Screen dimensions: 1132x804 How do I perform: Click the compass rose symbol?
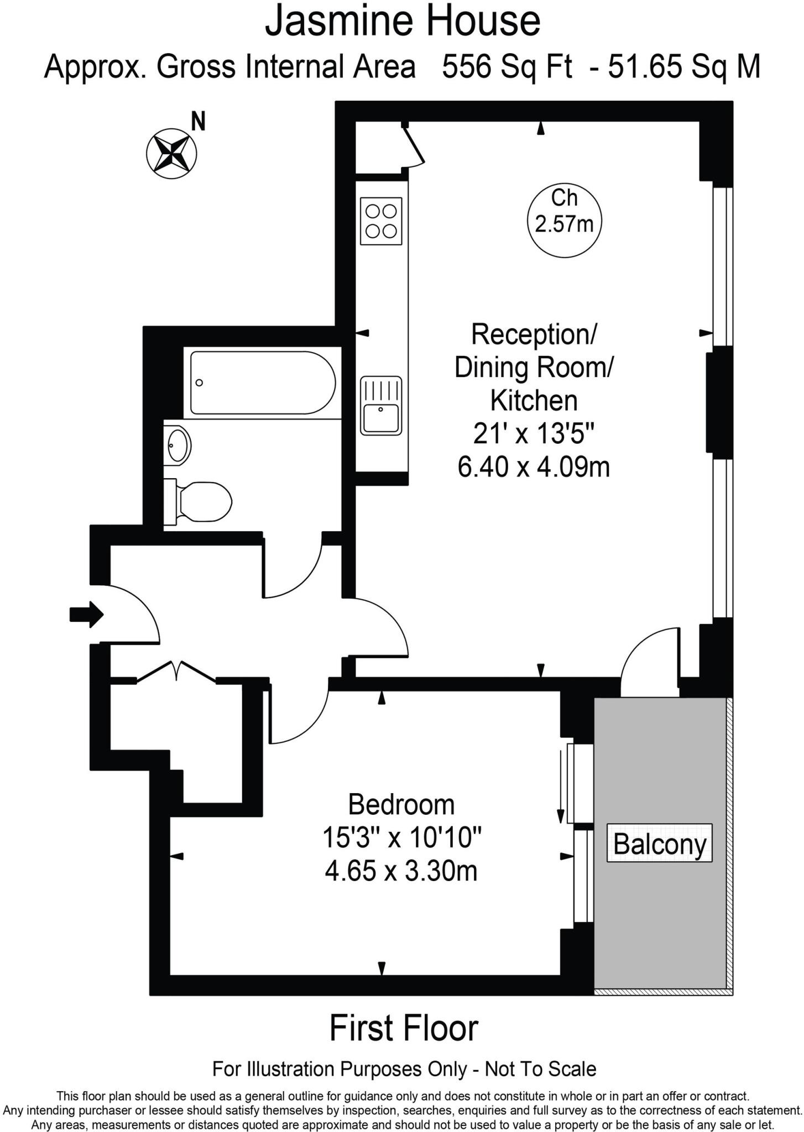pyautogui.click(x=171, y=153)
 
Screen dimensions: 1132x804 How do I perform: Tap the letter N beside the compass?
pyautogui.click(x=198, y=122)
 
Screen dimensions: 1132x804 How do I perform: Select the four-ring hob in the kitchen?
pyautogui.click(x=381, y=221)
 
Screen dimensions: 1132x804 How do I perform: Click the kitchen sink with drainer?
pyautogui.click(x=381, y=405)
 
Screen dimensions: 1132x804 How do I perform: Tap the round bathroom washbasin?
pyautogui.click(x=179, y=445)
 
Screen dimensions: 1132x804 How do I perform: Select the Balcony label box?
pyautogui.click(x=659, y=843)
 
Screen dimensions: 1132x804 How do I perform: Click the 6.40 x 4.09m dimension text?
pyautogui.click(x=534, y=467)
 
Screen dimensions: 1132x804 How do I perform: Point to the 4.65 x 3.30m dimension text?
pyautogui.click(x=401, y=871)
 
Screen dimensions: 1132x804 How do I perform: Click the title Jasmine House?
pyautogui.click(x=402, y=21)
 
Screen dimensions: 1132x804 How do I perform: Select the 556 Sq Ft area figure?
pyautogui.click(x=507, y=67)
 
